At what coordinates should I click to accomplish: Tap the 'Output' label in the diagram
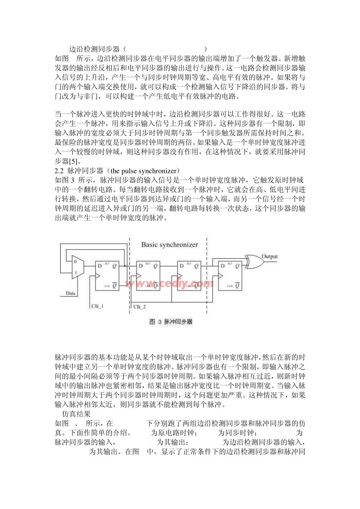pos(270,256)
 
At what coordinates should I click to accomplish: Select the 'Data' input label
pos(70,293)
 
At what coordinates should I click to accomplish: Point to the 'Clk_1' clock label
pos(97,306)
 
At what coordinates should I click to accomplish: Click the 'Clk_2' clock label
pos(140,306)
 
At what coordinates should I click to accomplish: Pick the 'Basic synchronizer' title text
pos(169,245)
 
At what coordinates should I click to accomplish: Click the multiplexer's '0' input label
pos(75,261)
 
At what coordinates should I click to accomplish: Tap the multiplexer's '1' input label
pos(75,273)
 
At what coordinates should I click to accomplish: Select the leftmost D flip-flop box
pos(107,276)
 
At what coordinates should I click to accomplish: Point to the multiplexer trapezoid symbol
pos(77,267)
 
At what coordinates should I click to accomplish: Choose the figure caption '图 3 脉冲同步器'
pos(171,322)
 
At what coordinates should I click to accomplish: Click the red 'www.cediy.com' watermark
pos(169,283)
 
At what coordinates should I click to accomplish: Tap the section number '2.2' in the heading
pos(59,171)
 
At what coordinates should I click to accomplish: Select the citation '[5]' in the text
pos(74,161)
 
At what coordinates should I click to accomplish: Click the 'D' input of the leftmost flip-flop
pos(100,266)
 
